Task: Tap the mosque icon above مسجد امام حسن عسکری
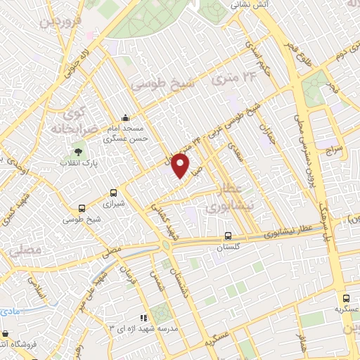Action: tap(125, 117)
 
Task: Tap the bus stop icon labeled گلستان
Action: tap(227, 236)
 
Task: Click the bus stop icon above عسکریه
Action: tap(346, 298)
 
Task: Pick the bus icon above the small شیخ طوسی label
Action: tap(82, 207)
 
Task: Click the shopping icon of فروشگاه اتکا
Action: tap(6, 333)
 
